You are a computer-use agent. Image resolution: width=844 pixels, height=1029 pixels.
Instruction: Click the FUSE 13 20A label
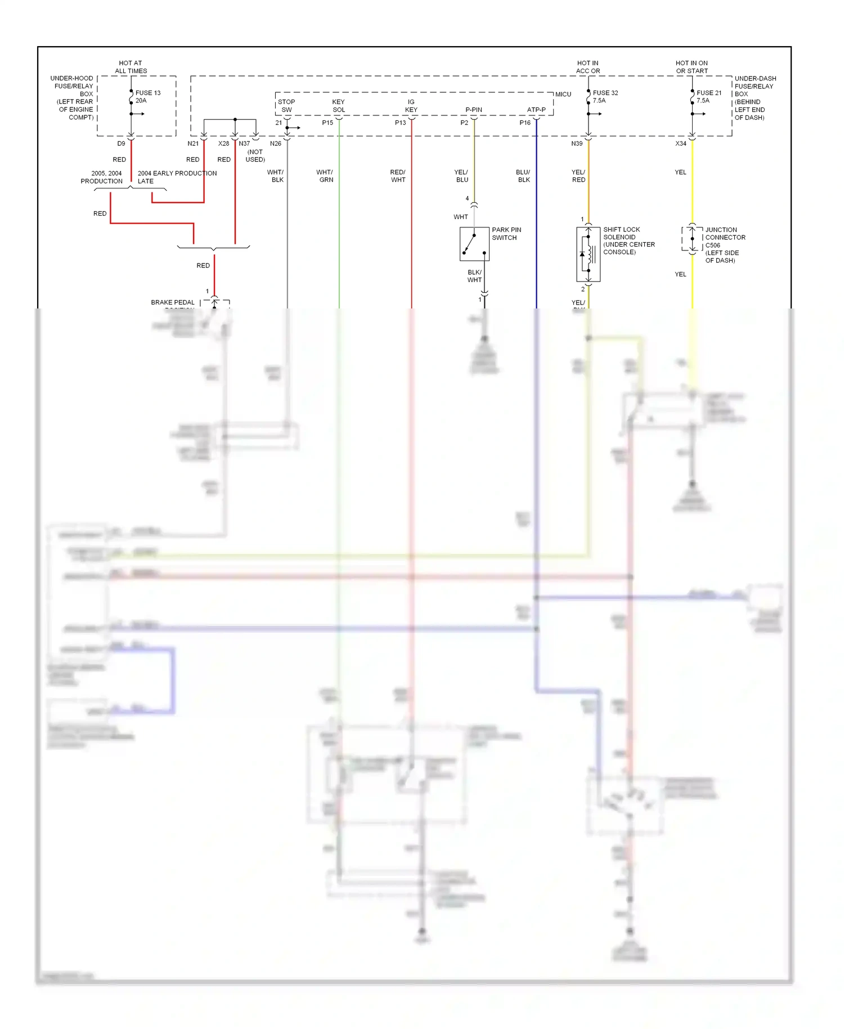[147, 97]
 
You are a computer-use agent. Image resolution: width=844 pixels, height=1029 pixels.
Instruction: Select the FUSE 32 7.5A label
[605, 97]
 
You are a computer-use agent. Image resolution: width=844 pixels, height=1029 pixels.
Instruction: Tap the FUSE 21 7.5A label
[708, 97]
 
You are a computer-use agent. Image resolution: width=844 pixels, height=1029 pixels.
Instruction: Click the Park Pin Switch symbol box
[474, 244]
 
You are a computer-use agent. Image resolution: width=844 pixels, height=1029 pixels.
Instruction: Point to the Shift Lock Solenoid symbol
[588, 254]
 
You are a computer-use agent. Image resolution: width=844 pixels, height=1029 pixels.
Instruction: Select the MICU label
[563, 95]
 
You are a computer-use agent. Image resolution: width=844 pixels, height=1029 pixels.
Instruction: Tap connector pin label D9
[121, 144]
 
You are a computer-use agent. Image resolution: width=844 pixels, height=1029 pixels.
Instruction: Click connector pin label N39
[577, 144]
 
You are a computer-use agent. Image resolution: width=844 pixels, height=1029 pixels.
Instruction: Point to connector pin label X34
[681, 144]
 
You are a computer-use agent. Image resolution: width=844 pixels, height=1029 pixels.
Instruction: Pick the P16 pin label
[524, 123]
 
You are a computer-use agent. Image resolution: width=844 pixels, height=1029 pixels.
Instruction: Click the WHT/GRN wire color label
[325, 176]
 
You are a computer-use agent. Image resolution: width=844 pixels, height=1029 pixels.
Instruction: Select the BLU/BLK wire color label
[523, 176]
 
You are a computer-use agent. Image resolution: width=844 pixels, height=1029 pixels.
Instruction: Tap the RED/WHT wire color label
[398, 176]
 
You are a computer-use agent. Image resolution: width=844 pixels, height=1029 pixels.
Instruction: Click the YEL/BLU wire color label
[461, 176]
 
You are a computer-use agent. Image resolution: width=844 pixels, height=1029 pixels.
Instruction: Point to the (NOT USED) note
[255, 156]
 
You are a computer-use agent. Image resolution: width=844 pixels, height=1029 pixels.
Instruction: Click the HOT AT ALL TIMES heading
[131, 67]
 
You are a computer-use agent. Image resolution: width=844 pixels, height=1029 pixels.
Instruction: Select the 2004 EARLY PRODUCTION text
[177, 173]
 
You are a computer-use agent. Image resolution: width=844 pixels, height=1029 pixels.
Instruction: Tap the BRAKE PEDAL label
[172, 302]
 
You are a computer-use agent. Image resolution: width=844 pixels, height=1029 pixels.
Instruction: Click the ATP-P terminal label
[536, 110]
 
